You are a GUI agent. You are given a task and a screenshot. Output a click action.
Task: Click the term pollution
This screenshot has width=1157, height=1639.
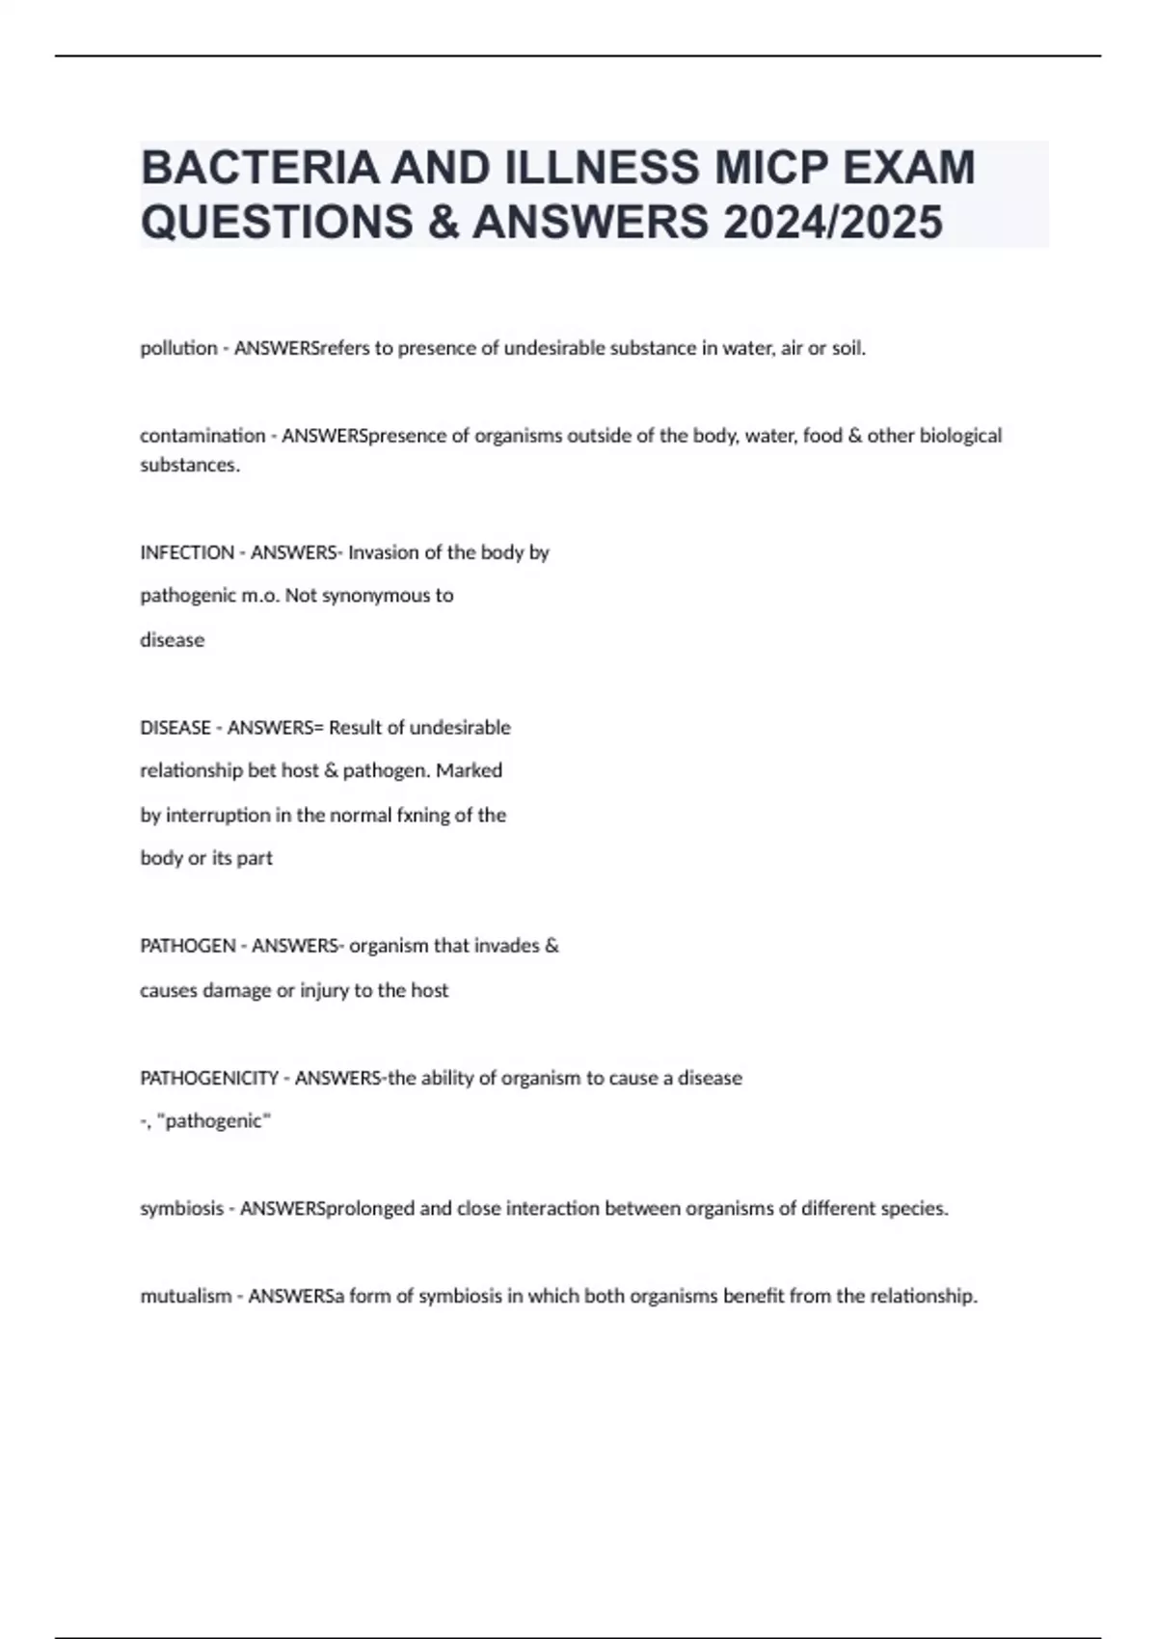(x=178, y=348)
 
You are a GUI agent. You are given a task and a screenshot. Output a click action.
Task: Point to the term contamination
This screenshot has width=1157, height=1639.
(x=202, y=436)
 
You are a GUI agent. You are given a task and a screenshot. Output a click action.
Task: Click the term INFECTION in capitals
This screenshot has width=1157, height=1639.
(x=187, y=552)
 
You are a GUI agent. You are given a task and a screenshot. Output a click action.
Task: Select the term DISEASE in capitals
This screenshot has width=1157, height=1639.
(x=175, y=727)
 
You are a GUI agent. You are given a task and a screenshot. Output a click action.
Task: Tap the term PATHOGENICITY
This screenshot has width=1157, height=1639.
(x=209, y=1078)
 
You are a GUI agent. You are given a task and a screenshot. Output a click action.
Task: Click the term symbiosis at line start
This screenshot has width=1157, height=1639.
(x=181, y=1208)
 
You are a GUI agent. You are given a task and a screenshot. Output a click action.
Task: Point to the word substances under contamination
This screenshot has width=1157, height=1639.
(x=189, y=465)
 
